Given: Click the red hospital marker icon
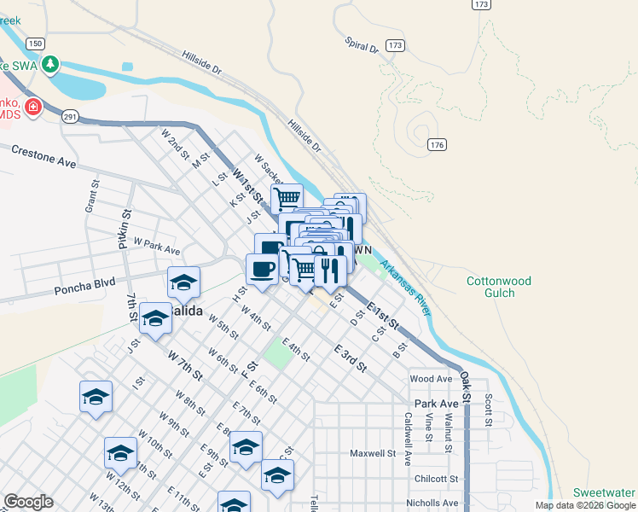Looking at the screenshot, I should (x=32, y=107).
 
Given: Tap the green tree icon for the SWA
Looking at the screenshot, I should (x=51, y=64).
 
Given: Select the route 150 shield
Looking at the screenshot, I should (x=34, y=44).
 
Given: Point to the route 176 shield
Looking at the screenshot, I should (x=437, y=145).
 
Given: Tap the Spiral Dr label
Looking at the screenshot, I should (x=362, y=44).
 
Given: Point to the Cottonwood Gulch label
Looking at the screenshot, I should (x=499, y=287).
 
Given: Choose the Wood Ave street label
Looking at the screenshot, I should (x=431, y=378).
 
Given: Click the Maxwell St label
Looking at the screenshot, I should (x=373, y=453).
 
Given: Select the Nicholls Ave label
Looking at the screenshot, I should (x=433, y=503).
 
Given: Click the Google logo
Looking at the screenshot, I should (x=28, y=502).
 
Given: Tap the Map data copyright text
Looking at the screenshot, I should (x=586, y=505).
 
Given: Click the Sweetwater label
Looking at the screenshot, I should (x=604, y=492).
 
